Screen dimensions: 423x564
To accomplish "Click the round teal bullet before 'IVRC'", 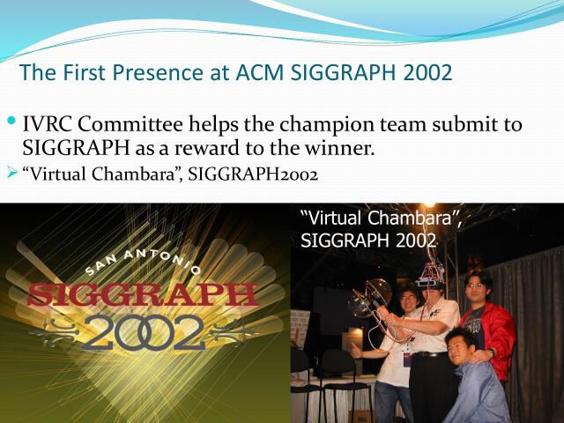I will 11,120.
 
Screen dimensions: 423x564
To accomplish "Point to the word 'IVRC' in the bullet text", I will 52,124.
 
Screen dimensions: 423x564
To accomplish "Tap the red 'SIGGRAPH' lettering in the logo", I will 141,293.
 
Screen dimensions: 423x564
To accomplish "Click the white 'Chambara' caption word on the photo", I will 406,218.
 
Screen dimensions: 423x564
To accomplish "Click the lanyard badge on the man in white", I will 408,358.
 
